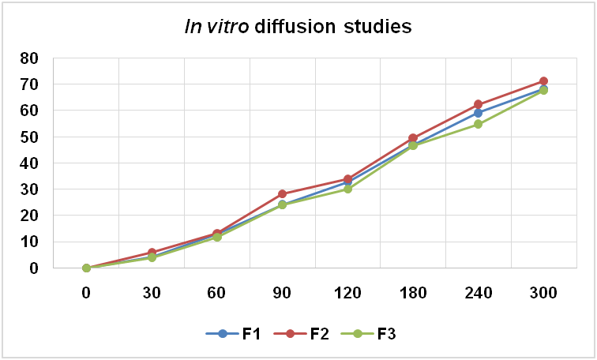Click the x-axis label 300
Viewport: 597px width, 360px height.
point(543,292)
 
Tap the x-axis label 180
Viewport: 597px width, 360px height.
point(413,292)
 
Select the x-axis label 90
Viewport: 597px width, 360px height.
point(283,292)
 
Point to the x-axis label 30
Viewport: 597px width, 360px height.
point(152,292)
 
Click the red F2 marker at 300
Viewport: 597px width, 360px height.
point(543,81)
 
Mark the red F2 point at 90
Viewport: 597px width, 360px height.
point(283,193)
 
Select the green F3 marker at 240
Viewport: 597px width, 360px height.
point(478,124)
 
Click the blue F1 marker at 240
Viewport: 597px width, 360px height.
point(478,113)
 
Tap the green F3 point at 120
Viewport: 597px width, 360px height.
point(347,189)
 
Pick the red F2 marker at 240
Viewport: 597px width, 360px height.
point(478,104)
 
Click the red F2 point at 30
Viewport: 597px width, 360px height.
point(152,253)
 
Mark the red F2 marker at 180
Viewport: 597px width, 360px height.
point(413,138)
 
